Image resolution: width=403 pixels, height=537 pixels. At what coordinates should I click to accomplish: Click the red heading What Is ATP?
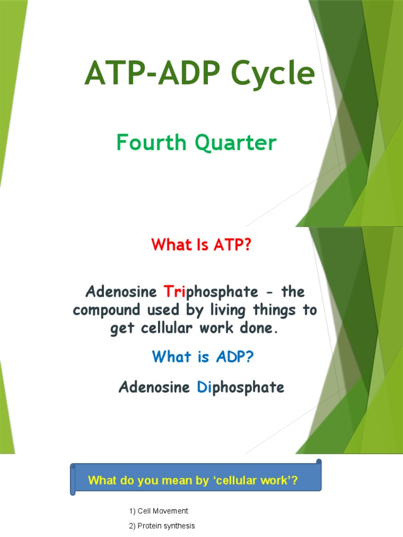(201, 244)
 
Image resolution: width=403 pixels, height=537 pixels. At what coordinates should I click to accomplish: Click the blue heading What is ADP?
(203, 357)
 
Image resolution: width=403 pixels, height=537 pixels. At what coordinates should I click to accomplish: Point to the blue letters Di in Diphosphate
(203, 388)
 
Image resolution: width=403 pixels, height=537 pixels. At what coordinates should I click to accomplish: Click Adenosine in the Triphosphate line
(122, 291)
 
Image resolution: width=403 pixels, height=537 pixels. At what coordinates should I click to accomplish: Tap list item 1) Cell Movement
(158, 511)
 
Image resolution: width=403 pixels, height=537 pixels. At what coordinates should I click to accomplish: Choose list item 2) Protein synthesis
(161, 525)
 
